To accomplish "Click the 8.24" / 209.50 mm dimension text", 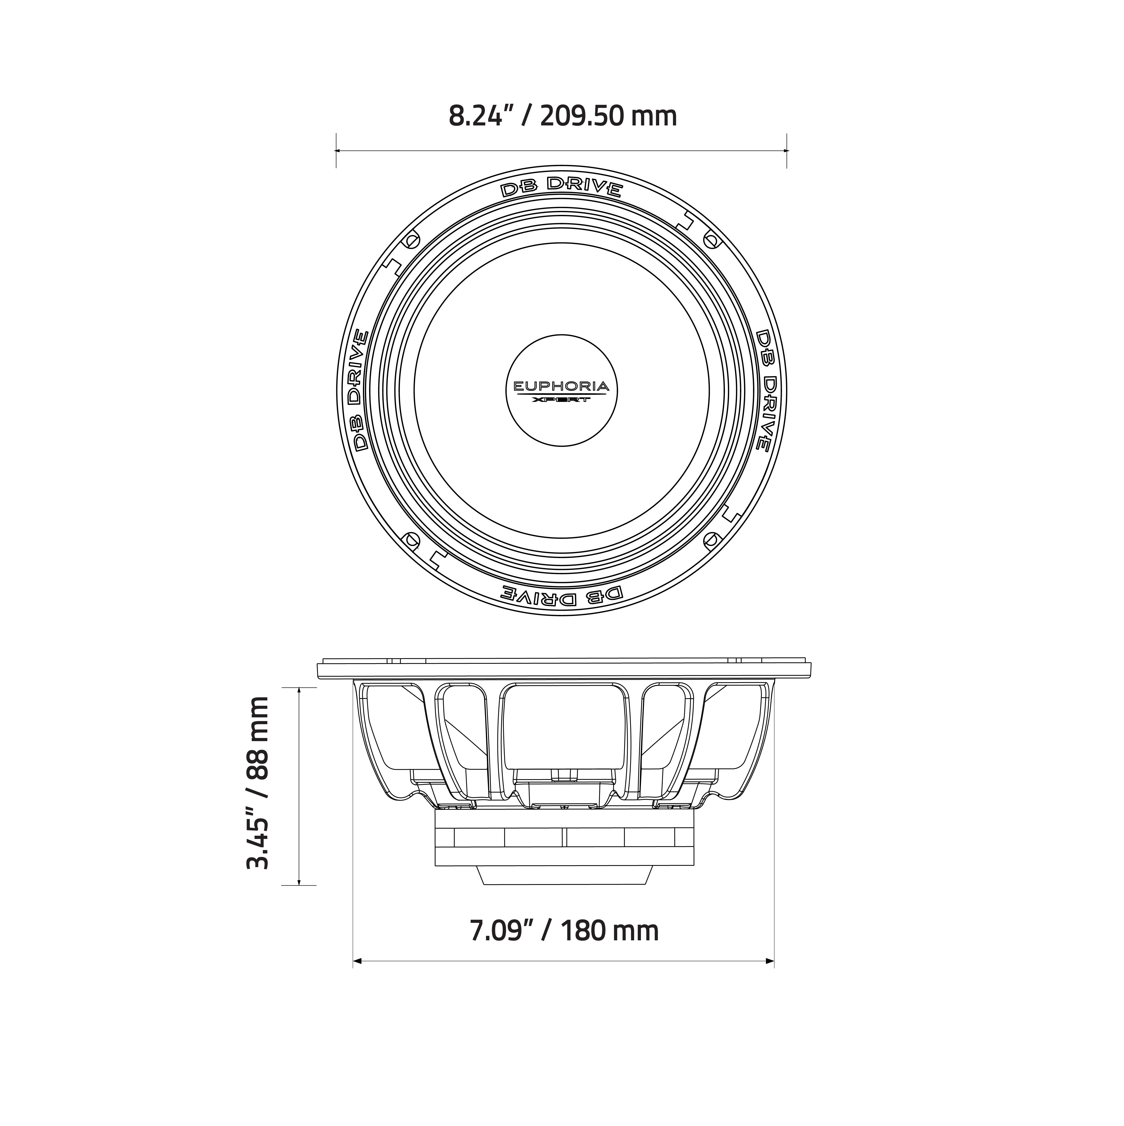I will click(x=562, y=116).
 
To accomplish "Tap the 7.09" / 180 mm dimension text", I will click(x=563, y=931).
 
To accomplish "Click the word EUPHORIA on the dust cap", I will click(x=561, y=386).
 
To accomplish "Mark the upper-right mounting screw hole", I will click(x=711, y=240).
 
